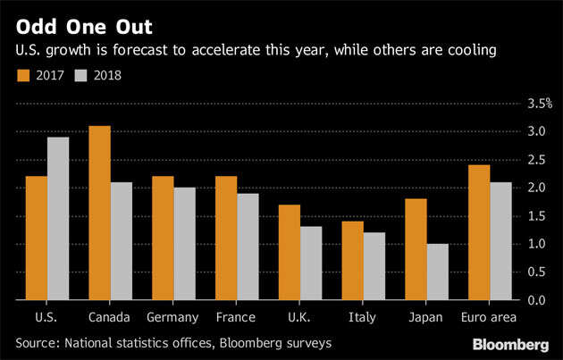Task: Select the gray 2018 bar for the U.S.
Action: pyautogui.click(x=57, y=218)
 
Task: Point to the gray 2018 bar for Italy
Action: pyautogui.click(x=374, y=266)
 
